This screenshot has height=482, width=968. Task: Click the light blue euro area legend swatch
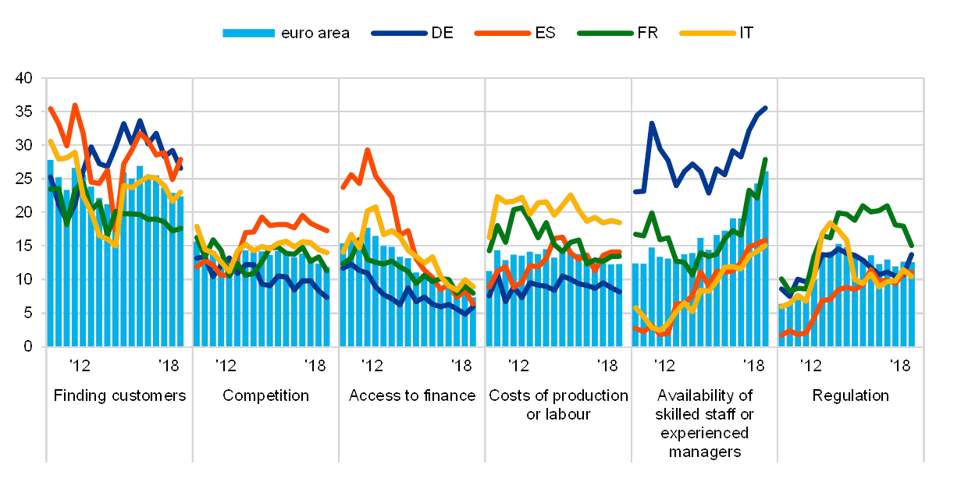point(248,34)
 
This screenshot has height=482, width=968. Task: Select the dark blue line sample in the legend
point(399,34)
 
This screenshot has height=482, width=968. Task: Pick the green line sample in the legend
point(605,34)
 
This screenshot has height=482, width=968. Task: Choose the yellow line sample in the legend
point(707,34)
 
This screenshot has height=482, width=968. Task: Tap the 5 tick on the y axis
point(28,313)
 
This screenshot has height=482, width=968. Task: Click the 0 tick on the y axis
point(28,346)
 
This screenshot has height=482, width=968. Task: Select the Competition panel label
point(265,395)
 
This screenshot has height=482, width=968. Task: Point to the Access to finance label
point(411,395)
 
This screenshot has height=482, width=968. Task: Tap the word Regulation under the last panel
point(850,395)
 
